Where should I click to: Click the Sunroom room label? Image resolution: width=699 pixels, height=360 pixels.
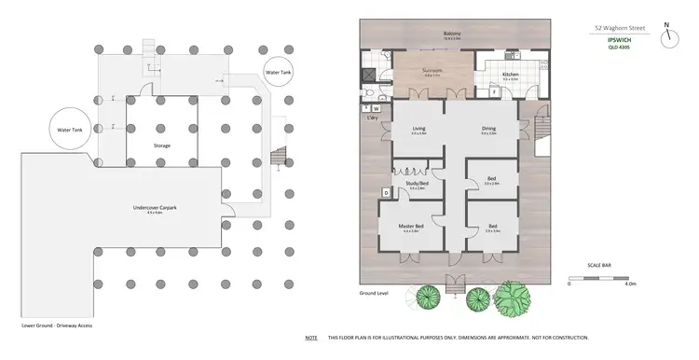[x=432, y=69]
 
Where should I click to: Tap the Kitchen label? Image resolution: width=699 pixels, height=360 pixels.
[x=511, y=74]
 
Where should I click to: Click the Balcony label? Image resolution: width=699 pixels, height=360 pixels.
[x=452, y=36]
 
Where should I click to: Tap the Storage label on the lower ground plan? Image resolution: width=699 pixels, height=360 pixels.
[x=161, y=145]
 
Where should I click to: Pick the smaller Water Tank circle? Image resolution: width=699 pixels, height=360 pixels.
[x=279, y=72]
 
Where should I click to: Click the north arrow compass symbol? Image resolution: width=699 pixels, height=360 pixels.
[x=668, y=37]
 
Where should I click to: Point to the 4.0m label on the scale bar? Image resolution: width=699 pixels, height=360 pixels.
[x=630, y=284]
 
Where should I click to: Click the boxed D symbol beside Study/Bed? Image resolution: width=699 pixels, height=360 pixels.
[x=386, y=193]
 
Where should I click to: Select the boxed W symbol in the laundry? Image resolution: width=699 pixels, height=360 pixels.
[x=377, y=107]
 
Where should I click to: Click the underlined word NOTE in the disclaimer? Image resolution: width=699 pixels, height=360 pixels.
[x=310, y=337]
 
